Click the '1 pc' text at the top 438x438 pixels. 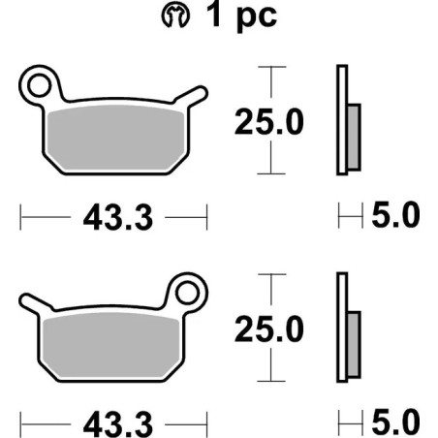(239, 17)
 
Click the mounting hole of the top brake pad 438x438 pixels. (40, 85)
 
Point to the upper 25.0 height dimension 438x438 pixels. (268, 121)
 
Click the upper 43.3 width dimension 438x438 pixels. (115, 218)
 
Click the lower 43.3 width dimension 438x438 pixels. (115, 423)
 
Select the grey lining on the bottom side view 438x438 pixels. (353, 341)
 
